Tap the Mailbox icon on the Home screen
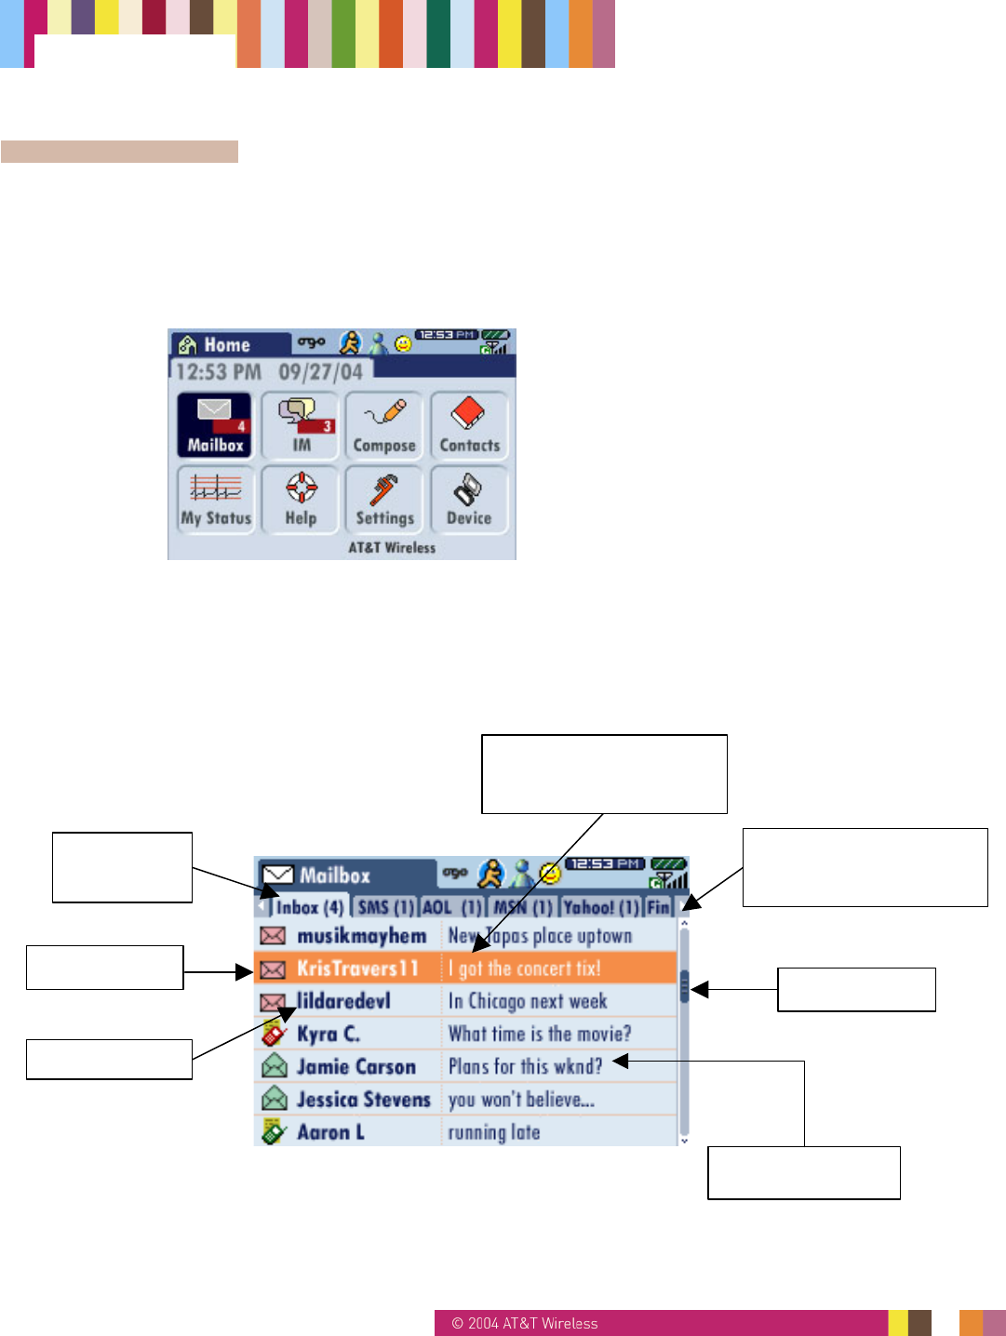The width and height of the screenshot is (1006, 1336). click(214, 424)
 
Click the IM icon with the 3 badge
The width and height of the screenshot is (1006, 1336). click(301, 424)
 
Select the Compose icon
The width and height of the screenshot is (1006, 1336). click(384, 424)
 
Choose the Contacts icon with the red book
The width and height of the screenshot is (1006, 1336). click(469, 424)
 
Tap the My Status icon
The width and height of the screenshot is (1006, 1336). click(216, 499)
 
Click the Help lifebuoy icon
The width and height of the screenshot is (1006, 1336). click(301, 499)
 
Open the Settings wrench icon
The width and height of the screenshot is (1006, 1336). click(384, 499)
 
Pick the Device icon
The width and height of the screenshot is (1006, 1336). click(469, 499)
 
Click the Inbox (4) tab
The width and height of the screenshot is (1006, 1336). click(309, 907)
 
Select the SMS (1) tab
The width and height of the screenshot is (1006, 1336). click(385, 907)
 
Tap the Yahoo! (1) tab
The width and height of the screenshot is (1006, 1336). click(600, 907)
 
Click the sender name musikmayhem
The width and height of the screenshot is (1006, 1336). click(361, 936)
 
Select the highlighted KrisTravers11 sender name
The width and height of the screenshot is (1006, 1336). click(357, 969)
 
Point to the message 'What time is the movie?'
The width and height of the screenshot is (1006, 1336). click(540, 1034)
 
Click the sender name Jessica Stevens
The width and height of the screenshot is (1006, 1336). click(363, 1100)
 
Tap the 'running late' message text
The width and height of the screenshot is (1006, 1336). click(494, 1132)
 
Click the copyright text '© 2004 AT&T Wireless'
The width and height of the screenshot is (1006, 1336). click(525, 1323)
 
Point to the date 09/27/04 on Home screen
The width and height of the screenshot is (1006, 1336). click(320, 372)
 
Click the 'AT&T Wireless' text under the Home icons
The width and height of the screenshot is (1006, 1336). click(392, 548)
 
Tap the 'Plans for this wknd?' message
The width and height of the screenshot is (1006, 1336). click(525, 1066)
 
